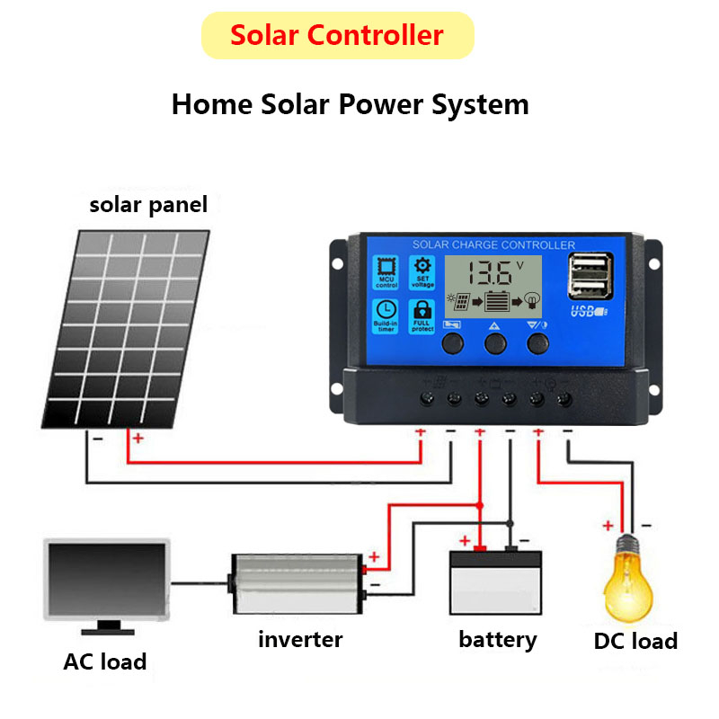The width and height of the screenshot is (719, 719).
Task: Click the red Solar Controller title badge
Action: [x=337, y=36]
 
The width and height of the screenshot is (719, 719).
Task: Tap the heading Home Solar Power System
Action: [x=350, y=104]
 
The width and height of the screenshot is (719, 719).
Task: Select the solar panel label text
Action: [x=148, y=205]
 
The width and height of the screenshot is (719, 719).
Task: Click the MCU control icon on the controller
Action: [x=387, y=272]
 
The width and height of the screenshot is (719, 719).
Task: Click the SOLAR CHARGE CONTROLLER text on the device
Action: [x=493, y=244]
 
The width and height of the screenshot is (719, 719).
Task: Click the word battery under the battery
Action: [x=497, y=640]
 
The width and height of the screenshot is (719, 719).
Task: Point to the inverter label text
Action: [x=300, y=640]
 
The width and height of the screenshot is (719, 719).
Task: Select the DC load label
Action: [x=635, y=642]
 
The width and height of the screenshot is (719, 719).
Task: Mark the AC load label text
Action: [x=105, y=662]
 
